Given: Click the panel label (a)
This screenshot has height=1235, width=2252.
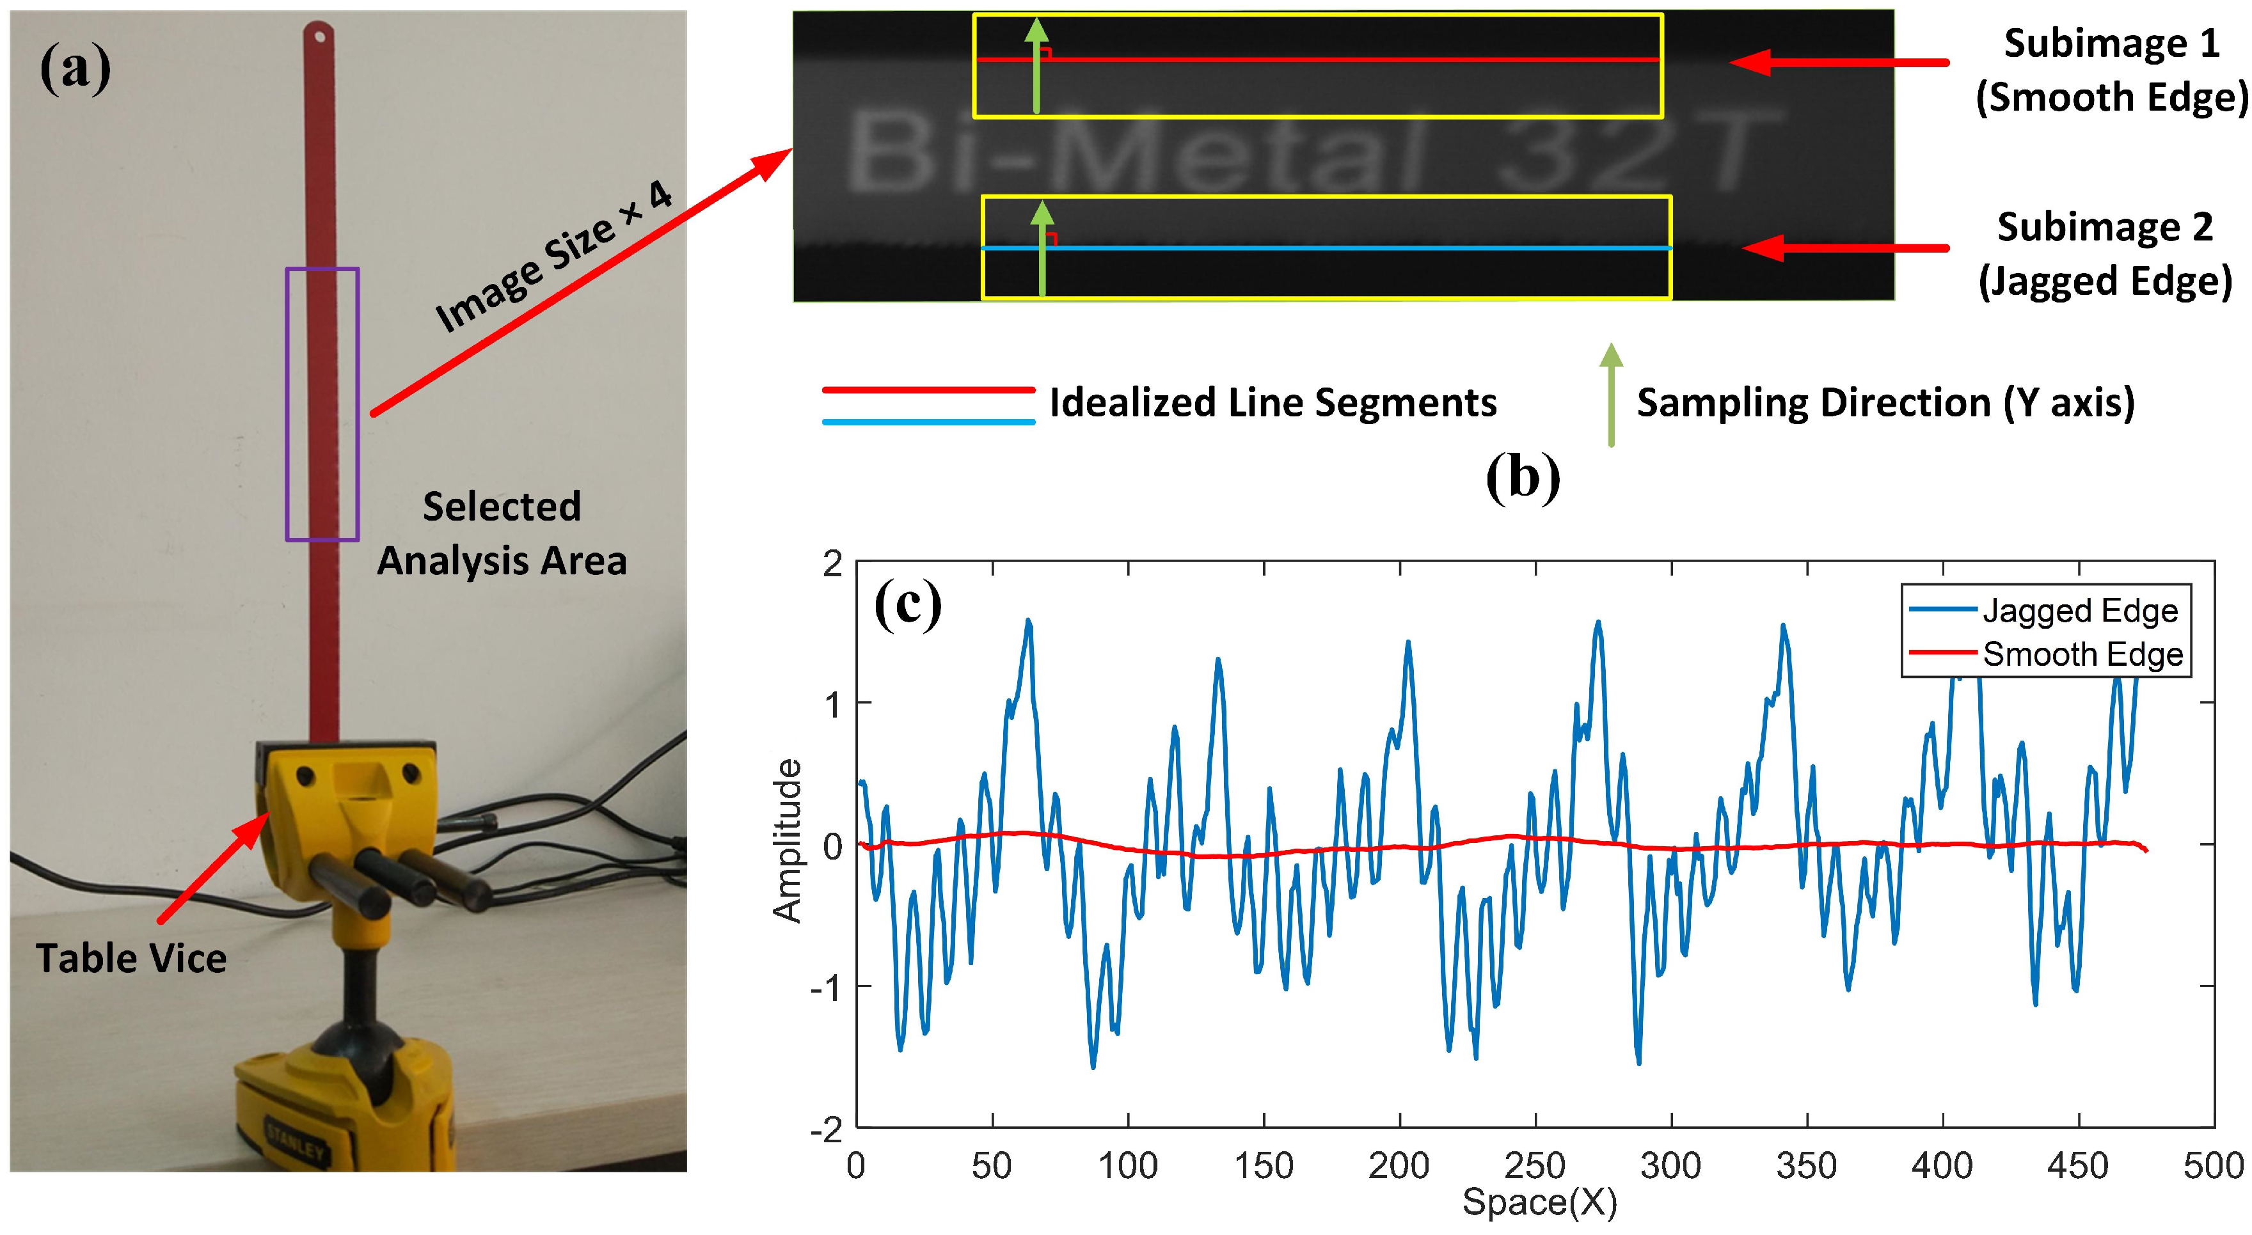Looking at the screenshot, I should [75, 69].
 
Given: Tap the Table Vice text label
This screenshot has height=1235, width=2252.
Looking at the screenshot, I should [131, 959].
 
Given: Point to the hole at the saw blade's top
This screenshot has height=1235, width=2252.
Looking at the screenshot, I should [320, 36].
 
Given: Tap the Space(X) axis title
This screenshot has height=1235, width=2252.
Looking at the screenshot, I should [1539, 1202].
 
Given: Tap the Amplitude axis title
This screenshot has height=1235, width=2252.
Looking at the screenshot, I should [787, 841].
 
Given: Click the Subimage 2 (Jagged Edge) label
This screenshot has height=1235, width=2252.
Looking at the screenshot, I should [2105, 255].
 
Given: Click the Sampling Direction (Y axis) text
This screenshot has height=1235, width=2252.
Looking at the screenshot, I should [1885, 403].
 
